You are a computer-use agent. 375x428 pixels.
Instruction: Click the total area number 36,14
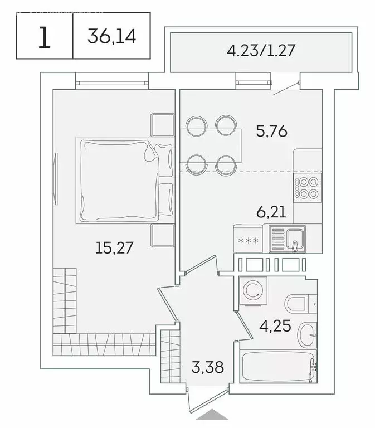pos(111,37)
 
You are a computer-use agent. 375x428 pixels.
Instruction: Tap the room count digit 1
pos(44,37)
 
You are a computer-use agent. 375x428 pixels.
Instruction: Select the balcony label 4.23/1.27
pos(260,51)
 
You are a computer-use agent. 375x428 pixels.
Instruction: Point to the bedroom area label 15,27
pos(115,247)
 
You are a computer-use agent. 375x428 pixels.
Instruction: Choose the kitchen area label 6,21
pos(272,212)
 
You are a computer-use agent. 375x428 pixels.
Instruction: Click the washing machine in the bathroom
pos(252,291)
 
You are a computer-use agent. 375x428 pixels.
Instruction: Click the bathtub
pos(277,366)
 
